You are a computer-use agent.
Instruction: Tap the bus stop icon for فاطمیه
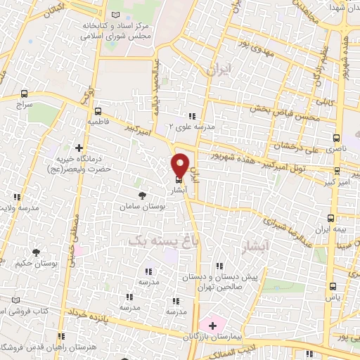point(98,110)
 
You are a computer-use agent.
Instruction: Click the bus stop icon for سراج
point(25,93)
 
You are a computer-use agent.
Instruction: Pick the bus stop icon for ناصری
point(336,138)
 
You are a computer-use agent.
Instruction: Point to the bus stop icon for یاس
point(333,286)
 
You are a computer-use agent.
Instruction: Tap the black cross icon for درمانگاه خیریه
point(79,148)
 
